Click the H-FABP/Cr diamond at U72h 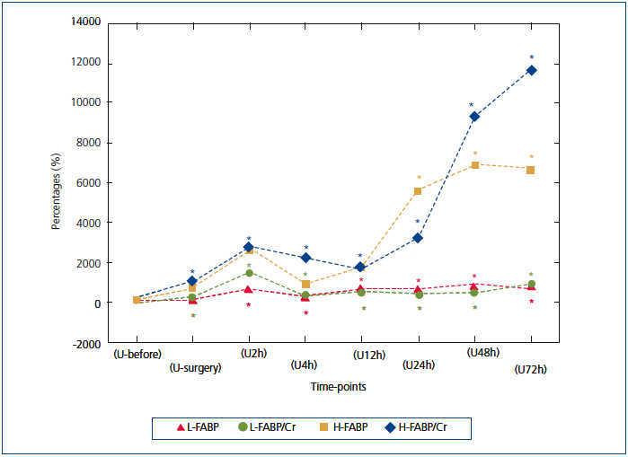click(531, 70)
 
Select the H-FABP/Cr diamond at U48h click(474, 117)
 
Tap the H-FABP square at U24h click(418, 191)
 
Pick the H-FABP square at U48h click(474, 165)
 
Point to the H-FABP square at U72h click(531, 170)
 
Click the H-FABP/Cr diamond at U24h click(418, 238)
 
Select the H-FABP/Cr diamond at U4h click(305, 258)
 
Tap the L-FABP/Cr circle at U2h click(249, 273)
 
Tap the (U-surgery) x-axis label click(195, 368)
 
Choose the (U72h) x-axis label click(531, 369)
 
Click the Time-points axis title click(333, 387)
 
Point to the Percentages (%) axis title click(56, 183)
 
